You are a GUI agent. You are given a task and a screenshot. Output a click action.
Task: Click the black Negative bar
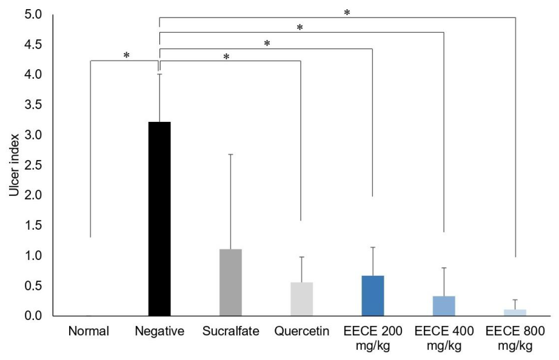(x=159, y=219)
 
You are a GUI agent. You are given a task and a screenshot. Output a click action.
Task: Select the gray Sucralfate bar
(x=230, y=282)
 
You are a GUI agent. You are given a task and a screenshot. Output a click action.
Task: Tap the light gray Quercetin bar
(x=301, y=299)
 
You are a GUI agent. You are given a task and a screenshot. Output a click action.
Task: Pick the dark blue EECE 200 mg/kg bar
(x=373, y=296)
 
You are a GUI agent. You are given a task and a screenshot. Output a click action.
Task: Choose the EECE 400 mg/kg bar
(x=444, y=306)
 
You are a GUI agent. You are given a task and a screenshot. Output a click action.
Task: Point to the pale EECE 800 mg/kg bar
(x=515, y=313)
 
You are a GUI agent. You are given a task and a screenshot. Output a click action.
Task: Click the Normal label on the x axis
(x=89, y=331)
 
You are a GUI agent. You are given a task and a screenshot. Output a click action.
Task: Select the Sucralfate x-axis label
(x=230, y=331)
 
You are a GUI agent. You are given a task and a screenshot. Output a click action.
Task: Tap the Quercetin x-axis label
(x=301, y=332)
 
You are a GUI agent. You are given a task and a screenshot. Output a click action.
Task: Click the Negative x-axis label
(x=159, y=332)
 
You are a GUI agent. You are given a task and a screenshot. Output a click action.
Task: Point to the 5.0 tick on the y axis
(x=33, y=15)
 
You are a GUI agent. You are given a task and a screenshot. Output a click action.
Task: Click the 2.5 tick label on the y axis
(x=33, y=165)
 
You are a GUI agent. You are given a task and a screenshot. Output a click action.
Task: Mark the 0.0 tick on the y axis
(x=33, y=316)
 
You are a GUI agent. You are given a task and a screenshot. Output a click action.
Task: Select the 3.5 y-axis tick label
(x=33, y=105)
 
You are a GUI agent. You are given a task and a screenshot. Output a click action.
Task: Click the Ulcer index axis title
(x=14, y=165)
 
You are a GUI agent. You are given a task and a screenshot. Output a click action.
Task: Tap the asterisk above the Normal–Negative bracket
(x=126, y=55)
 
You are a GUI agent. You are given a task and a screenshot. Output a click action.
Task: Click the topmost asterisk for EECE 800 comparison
(x=347, y=13)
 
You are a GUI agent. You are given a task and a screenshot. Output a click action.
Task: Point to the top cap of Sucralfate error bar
(x=230, y=155)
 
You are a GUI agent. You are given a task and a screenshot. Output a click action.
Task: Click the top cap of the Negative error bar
(x=159, y=74)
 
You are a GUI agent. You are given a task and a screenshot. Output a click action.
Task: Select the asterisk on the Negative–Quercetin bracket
(x=226, y=57)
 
